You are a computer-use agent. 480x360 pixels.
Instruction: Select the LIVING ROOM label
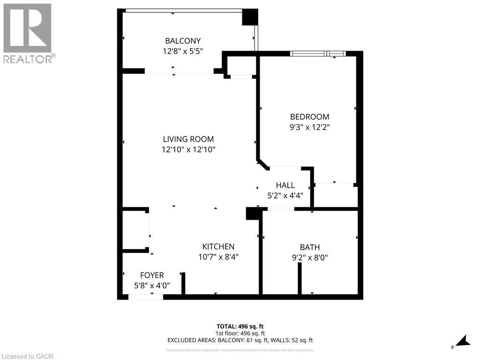tap(188, 139)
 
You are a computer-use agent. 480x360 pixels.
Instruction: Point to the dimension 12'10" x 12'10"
tap(188, 150)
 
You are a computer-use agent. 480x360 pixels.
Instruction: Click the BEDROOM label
tap(309, 117)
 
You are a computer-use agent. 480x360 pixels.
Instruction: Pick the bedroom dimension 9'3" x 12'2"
tap(309, 127)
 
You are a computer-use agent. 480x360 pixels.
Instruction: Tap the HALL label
tap(285, 186)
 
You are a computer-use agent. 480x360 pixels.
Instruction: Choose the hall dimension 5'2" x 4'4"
tap(285, 195)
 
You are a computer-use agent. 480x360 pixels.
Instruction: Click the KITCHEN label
tap(218, 247)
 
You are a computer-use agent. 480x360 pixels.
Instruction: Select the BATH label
tap(310, 247)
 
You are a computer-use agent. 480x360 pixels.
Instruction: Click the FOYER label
tap(152, 275)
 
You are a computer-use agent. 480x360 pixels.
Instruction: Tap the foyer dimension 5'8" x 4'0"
tap(152, 285)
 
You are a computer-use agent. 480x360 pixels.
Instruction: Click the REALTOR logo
tap(28, 33)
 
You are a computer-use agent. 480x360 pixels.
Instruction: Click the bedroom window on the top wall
tap(318, 53)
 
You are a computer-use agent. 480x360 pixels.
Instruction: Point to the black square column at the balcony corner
tap(250, 17)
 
